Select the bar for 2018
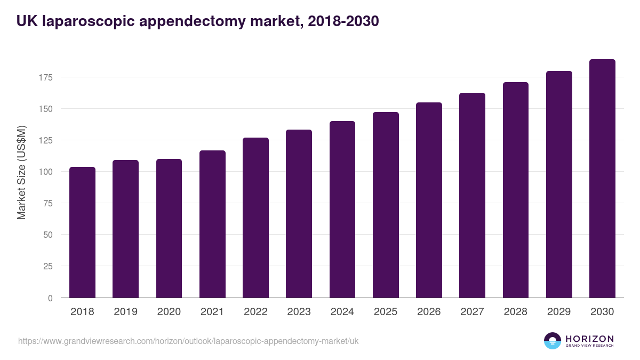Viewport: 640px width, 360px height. pyautogui.click(x=82, y=233)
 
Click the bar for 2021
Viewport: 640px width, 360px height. pyautogui.click(x=212, y=224)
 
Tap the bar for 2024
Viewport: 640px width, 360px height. pyautogui.click(x=342, y=210)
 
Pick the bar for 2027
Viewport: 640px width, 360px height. pyautogui.click(x=472, y=195)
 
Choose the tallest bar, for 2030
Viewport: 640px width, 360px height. pyautogui.click(x=602, y=179)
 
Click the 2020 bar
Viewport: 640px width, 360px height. pyautogui.click(x=169, y=228)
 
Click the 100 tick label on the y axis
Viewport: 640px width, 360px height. pyautogui.click(x=46, y=172)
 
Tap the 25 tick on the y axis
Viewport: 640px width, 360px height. pyautogui.click(x=48, y=266)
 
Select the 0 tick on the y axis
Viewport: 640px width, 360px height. pyautogui.click(x=50, y=298)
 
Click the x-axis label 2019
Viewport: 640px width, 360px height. pyautogui.click(x=125, y=312)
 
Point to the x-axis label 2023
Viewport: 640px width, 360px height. pyautogui.click(x=299, y=312)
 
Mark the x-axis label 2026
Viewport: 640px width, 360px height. pyautogui.click(x=429, y=312)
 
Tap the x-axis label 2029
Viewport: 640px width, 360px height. pyautogui.click(x=559, y=312)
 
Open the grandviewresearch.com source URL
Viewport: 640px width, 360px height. pyautogui.click(x=188, y=341)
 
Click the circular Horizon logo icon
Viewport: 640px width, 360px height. pyautogui.click(x=553, y=341)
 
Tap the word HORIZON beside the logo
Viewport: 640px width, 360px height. pyautogui.click(x=589, y=338)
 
